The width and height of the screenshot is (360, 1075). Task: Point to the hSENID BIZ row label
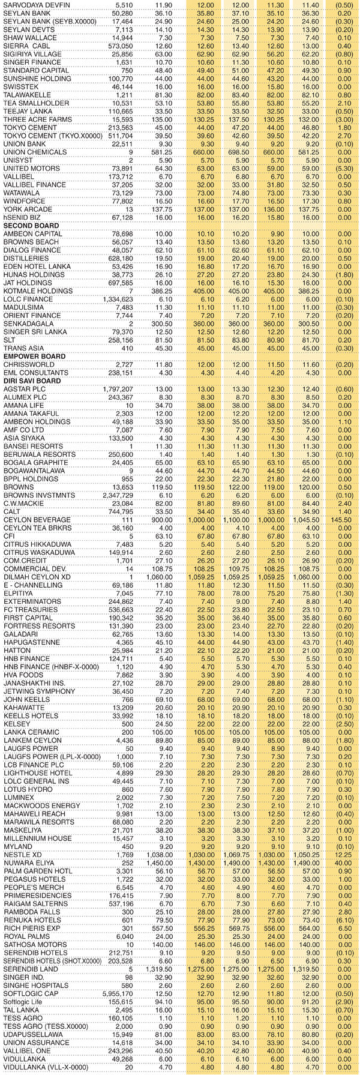(22, 217)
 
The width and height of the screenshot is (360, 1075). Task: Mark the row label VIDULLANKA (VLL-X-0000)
(45, 1067)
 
